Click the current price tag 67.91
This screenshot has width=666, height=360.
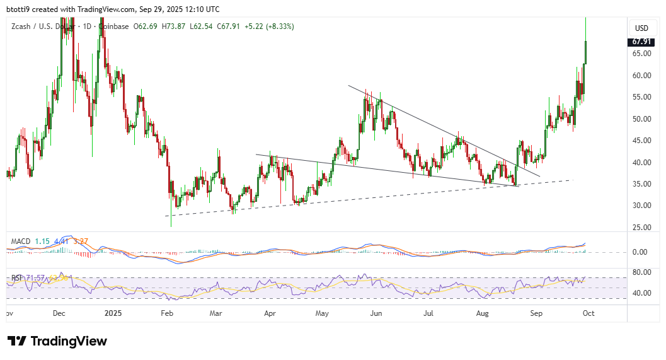click(x=642, y=42)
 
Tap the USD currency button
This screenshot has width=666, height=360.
click(x=641, y=28)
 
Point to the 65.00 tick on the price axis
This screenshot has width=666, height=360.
click(x=642, y=54)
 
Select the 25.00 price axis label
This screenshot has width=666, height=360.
click(x=642, y=227)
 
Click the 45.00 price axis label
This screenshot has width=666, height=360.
click(x=642, y=141)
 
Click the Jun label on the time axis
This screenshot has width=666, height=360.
click(x=376, y=312)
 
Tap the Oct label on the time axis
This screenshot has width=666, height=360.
click(x=587, y=312)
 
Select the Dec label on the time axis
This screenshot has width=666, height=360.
click(x=59, y=312)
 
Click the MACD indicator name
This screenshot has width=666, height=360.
click(x=20, y=241)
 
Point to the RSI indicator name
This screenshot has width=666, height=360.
click(x=17, y=277)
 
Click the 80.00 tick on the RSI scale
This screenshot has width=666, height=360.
click(x=642, y=272)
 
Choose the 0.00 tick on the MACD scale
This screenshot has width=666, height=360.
click(x=642, y=252)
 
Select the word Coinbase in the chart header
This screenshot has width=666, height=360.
click(x=113, y=26)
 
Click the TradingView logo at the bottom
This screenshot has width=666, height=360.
click(x=57, y=341)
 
